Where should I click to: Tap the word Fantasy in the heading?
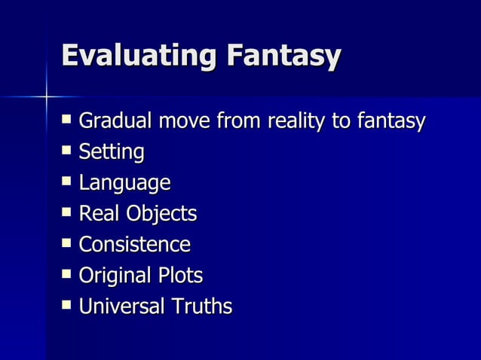click(280, 57)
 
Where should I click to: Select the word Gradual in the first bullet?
click(113, 121)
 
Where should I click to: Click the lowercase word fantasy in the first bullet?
click(391, 121)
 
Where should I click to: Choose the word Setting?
click(111, 153)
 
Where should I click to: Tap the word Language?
click(124, 184)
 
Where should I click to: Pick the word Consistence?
click(134, 245)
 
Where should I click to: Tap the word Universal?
click(120, 307)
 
